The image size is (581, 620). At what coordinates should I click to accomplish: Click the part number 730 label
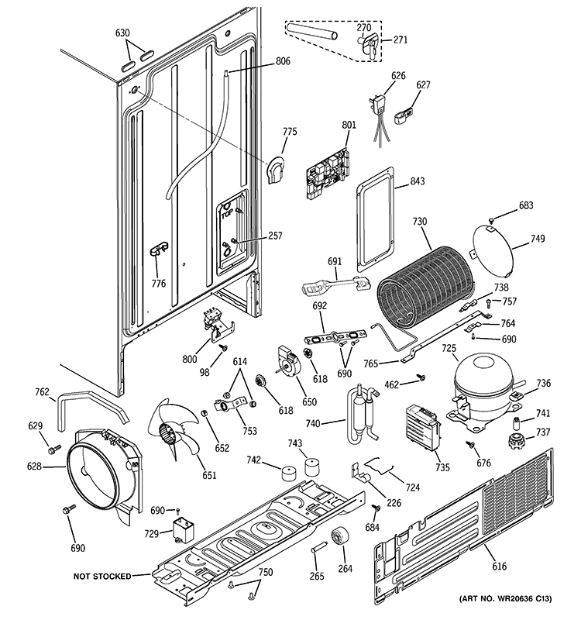tap(419, 222)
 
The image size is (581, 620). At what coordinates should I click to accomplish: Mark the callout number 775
tap(289, 132)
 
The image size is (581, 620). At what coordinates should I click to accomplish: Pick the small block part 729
tap(184, 533)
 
